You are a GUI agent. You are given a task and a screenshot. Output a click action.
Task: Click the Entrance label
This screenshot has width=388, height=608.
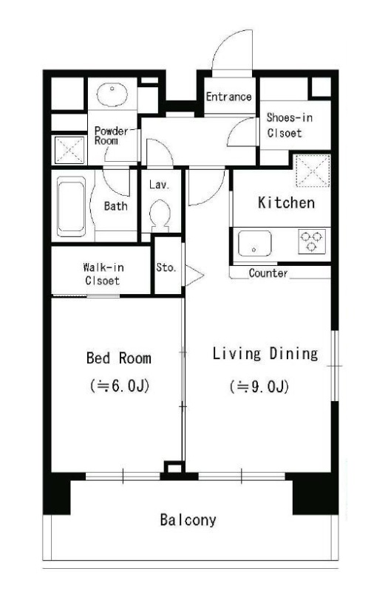228,97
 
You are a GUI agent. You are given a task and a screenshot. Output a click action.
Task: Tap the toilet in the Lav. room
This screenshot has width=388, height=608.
160,215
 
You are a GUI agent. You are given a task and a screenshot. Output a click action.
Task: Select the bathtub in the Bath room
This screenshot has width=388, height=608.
71,206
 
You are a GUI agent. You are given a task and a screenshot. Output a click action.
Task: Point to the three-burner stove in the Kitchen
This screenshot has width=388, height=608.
312,241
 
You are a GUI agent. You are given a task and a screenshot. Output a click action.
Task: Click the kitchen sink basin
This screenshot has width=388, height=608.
254,243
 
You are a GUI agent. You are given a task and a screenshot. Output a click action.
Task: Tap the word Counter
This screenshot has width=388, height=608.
268,273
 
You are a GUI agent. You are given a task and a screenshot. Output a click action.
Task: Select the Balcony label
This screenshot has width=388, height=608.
188,519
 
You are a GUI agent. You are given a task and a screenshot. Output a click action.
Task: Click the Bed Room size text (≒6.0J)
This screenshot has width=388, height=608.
120,386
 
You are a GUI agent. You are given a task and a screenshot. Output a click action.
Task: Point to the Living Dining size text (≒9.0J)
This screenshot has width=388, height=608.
259,386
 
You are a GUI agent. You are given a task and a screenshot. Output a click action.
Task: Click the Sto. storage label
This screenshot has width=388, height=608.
166,267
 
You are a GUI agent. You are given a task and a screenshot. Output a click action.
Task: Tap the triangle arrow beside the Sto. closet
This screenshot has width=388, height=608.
194,276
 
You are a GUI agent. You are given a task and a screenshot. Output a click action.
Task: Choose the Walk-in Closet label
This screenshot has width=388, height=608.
103,274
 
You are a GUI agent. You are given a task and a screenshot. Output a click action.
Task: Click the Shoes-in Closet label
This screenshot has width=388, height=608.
289,125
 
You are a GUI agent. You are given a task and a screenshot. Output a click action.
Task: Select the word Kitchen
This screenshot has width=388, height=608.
286,203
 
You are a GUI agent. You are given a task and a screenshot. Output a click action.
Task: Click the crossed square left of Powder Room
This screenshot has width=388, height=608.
69,150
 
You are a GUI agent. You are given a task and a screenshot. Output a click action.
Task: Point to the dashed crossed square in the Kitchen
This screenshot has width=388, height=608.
313,171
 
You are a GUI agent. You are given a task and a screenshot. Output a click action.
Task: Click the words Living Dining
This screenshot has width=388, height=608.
265,354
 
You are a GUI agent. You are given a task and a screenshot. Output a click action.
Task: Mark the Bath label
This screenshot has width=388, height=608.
115,206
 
